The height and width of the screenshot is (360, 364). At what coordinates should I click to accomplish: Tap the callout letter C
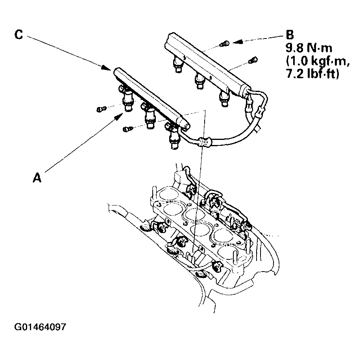pyautogui.click(x=18, y=35)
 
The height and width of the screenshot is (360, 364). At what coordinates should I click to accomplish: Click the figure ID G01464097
pyautogui.click(x=40, y=327)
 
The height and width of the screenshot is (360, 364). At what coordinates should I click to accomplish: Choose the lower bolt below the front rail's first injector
pyautogui.click(x=127, y=129)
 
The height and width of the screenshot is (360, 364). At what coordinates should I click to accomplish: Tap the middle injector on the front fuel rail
pyautogui.click(x=149, y=116)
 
